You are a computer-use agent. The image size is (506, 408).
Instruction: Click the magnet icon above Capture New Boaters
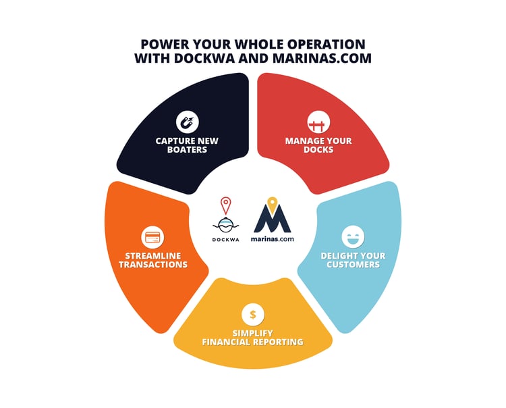pos(187,122)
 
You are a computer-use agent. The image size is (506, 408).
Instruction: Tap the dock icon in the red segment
pos(318,122)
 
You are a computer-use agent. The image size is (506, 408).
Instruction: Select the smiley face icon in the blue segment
pos(353,236)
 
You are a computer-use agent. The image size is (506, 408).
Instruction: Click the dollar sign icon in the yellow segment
pos(253,314)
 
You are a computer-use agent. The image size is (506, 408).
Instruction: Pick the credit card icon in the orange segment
pos(152,237)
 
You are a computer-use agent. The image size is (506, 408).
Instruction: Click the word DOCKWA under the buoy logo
pos(226,240)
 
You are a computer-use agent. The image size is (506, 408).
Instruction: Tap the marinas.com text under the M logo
pos(273,239)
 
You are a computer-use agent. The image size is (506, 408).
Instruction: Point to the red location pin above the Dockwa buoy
pos(226,205)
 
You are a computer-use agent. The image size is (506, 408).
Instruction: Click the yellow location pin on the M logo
pos(273,205)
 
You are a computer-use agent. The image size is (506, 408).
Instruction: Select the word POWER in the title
pos(164,45)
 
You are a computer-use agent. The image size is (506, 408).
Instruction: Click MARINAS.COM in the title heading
pos(322,59)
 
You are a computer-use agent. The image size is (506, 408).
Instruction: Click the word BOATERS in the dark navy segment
pos(187,150)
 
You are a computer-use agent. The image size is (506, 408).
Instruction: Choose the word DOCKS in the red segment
pos(318,150)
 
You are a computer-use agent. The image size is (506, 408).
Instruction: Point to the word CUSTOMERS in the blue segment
pos(353,265)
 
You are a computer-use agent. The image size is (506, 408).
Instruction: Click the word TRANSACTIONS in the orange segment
pos(153,265)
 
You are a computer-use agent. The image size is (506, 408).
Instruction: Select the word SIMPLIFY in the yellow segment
pos(253,333)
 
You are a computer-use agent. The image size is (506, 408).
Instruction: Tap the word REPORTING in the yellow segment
pos(278,342)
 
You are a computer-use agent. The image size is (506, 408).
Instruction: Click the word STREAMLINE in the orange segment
pos(153,256)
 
